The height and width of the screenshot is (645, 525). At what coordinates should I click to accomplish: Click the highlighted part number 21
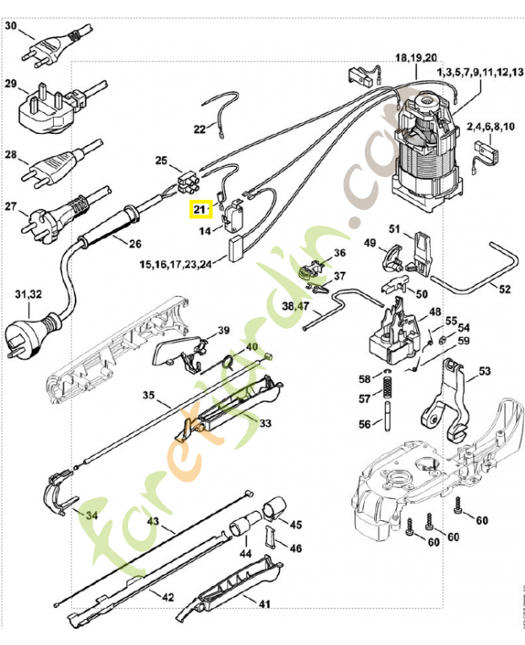coord(199,210)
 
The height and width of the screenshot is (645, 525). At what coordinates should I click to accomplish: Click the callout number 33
coord(264,423)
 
